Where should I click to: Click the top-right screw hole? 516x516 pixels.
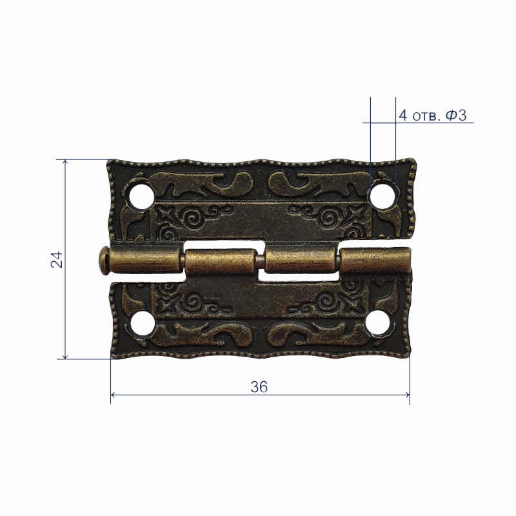click(x=382, y=196)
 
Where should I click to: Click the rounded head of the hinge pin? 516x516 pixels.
click(x=103, y=261)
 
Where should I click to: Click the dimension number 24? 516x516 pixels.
click(x=57, y=259)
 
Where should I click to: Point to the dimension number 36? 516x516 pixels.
click(x=259, y=387)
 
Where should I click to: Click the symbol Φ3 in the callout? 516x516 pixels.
click(x=456, y=115)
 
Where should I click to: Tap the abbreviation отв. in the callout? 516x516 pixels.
click(x=426, y=117)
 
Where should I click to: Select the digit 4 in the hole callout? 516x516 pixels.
click(x=403, y=115)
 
